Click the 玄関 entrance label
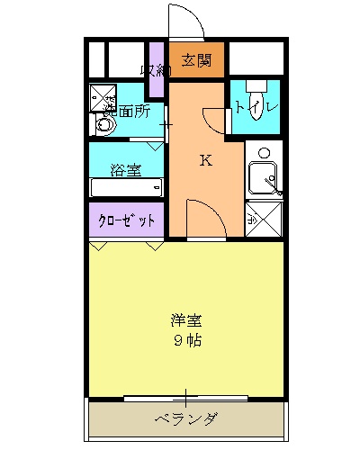[196, 60]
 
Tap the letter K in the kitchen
[205, 161]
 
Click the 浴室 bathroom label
[125, 168]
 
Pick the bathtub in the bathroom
[125, 187]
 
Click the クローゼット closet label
[126, 219]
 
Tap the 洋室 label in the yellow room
[187, 319]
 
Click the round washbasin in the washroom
[104, 125]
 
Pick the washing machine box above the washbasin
[103, 94]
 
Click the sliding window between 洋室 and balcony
[185, 396]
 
